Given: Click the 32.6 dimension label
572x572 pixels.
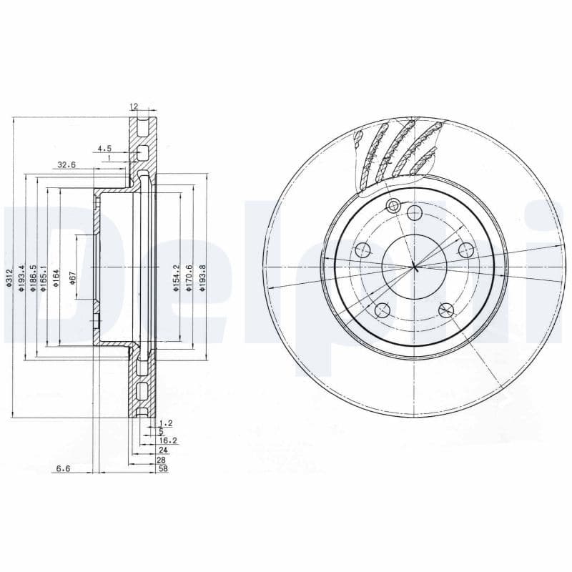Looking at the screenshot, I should point(66,164).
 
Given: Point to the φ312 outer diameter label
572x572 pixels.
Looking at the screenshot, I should point(9,277).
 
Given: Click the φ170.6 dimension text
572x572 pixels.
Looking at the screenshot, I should point(189,277).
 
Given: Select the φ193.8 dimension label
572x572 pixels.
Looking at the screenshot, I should point(202,277).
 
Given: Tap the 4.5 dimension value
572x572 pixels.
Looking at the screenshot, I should point(104,149).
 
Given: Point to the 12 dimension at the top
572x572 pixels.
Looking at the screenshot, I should point(133,107).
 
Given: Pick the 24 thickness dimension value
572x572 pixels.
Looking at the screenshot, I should point(163,450).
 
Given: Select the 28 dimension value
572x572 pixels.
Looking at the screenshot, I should point(163,460).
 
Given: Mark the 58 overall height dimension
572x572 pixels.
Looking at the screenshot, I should point(163,469).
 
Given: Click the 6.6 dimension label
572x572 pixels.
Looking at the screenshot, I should point(62,469).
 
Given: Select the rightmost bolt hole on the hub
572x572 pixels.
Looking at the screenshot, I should point(466,250).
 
